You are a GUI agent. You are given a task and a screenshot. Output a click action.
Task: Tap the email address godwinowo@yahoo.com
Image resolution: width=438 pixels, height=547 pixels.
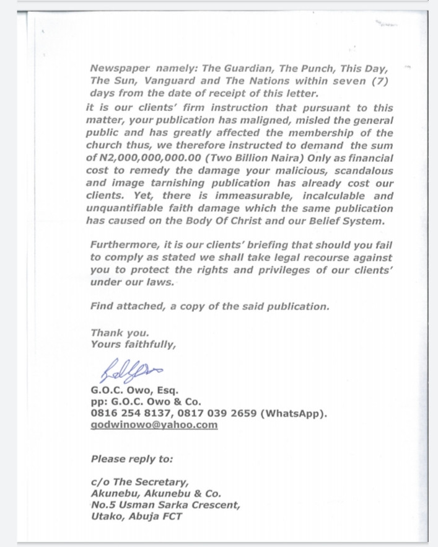coord(154,424)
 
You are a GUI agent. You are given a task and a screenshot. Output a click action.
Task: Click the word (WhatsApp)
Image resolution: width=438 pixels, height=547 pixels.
coord(294,413)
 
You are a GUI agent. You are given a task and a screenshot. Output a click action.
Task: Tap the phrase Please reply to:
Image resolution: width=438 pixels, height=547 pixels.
coord(132,460)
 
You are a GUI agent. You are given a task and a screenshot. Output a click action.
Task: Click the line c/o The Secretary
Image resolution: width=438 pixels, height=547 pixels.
coord(139,481)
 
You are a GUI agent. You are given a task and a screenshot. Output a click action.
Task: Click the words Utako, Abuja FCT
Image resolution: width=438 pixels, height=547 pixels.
coord(136,516)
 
